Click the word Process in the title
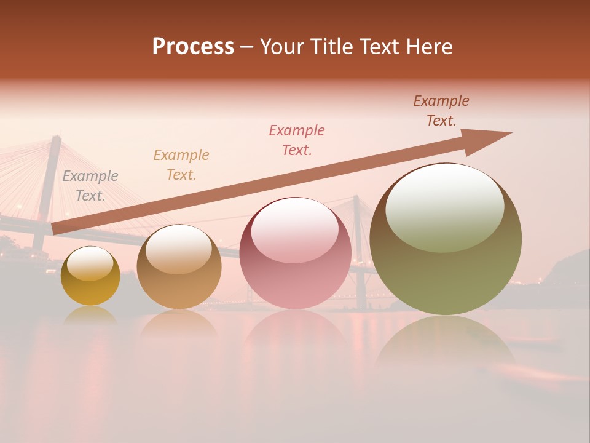[x=193, y=47]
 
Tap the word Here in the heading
[x=430, y=47]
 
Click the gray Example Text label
[x=90, y=186]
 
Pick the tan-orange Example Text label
[x=181, y=165]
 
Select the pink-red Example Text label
[x=297, y=140]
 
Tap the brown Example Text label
[x=441, y=111]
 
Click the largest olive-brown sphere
[x=446, y=271]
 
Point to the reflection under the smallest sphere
[x=90, y=315]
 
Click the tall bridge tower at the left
[x=48, y=185]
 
